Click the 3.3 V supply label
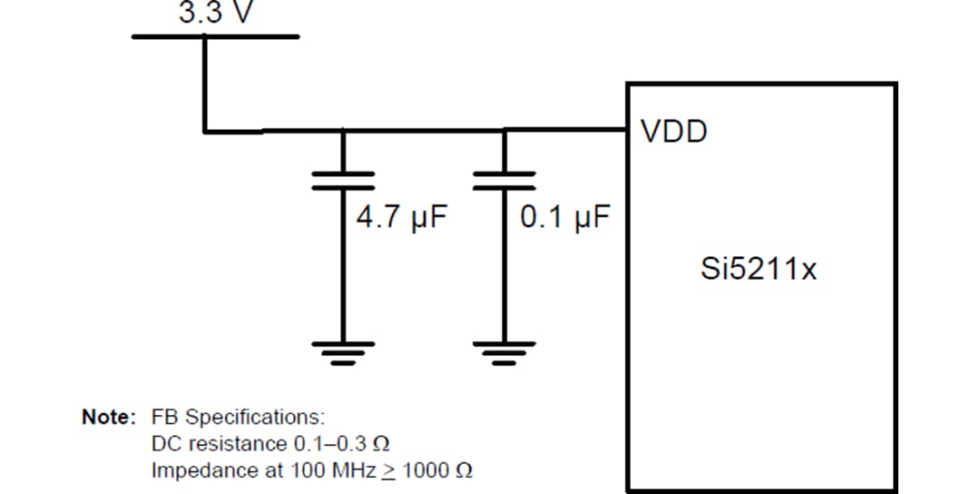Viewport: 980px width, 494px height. pyautogui.click(x=213, y=15)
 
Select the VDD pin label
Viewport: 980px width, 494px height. pyautogui.click(x=673, y=133)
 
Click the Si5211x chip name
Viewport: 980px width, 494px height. pyautogui.click(x=759, y=269)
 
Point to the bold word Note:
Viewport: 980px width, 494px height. pyautogui.click(x=109, y=417)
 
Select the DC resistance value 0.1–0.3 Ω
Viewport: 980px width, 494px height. pyautogui.click(x=343, y=444)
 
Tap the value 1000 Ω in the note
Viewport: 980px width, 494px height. pyautogui.click(x=436, y=471)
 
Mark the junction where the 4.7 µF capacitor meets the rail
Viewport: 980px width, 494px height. pyautogui.click(x=343, y=131)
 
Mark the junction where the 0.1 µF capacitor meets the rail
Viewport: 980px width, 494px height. pyautogui.click(x=504, y=131)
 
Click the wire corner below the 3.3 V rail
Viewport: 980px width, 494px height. pyautogui.click(x=205, y=131)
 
